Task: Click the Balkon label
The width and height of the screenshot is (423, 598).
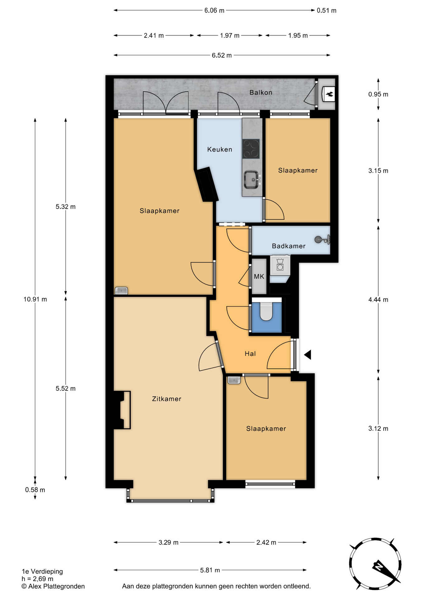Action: [261, 93]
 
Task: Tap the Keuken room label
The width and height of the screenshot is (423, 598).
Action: [220, 149]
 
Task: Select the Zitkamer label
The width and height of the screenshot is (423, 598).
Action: [167, 399]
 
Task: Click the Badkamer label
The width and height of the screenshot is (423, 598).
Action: [288, 246]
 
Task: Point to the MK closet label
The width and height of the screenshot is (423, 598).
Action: [259, 276]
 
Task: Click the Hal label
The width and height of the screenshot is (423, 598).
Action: [250, 354]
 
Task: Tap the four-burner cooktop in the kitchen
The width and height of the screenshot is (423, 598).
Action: [251, 149]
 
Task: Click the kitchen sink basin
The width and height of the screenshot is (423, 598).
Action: [251, 179]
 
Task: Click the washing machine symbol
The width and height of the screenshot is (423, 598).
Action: [280, 265]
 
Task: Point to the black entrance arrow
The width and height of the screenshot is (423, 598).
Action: [307, 354]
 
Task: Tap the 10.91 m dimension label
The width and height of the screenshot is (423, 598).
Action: [35, 299]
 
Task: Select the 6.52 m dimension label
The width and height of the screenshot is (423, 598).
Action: [222, 55]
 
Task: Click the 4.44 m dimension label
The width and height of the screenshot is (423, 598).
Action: [378, 300]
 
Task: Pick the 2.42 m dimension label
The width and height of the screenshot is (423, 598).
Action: [266, 543]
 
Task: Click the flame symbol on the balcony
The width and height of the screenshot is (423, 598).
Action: [329, 94]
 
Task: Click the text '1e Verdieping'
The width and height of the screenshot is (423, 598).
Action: [42, 572]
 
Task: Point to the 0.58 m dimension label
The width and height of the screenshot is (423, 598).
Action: [35, 490]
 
